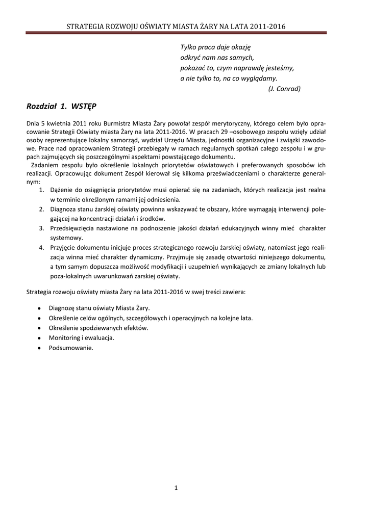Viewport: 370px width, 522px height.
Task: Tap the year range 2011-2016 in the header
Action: pos(267,27)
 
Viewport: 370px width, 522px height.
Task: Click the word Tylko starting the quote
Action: pos(189,47)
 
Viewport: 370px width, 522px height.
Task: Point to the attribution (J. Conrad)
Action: pos(284,88)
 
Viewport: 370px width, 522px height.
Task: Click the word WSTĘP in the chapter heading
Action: pos(84,107)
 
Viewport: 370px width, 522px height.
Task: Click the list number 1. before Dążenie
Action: pos(42,190)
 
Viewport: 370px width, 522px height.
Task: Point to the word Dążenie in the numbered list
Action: pos(62,190)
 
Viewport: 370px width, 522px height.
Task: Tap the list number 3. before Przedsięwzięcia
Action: pos(42,228)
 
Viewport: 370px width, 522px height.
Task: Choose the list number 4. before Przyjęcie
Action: pos(42,247)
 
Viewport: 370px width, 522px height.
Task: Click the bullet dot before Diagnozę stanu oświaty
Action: pos(40,308)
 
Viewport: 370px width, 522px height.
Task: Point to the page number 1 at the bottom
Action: pos(176,488)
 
